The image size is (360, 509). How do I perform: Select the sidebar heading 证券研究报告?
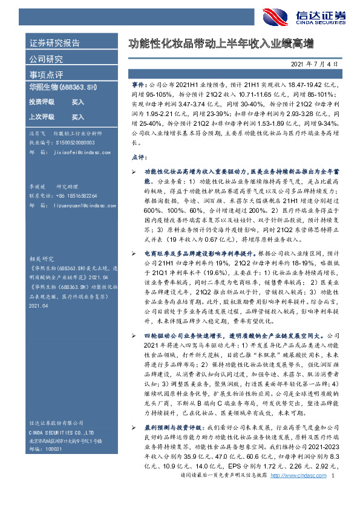pyautogui.click(x=55, y=44)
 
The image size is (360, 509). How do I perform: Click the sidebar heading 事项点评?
pyautogui.click(x=47, y=74)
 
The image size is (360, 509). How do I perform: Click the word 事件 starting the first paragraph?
pyautogui.click(x=139, y=86)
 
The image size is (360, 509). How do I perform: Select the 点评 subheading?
pyautogui.click(x=138, y=157)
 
